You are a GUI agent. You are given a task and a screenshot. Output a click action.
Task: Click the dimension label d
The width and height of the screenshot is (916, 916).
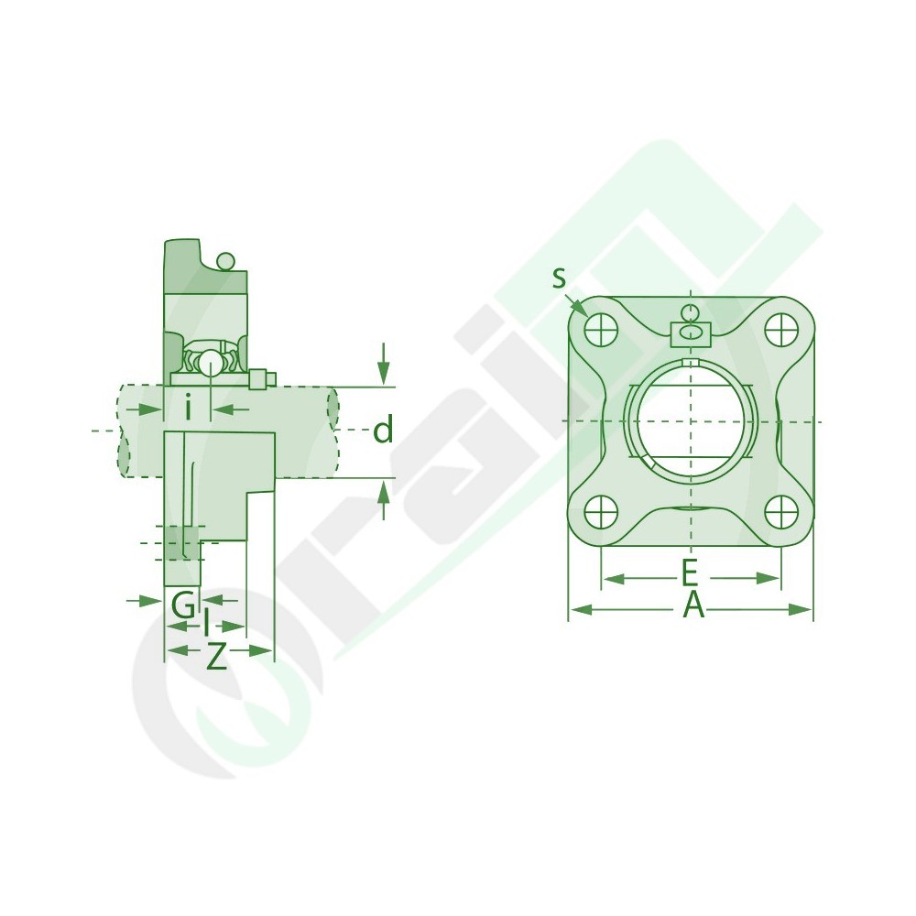[x=383, y=430]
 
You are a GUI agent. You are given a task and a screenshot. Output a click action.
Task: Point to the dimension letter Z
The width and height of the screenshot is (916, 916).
[x=216, y=656]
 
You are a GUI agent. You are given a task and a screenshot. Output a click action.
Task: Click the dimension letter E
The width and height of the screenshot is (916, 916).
[x=690, y=575]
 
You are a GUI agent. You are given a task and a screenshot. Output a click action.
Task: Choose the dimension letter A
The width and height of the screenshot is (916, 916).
[x=693, y=605]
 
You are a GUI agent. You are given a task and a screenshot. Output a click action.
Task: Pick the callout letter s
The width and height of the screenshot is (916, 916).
[x=559, y=278]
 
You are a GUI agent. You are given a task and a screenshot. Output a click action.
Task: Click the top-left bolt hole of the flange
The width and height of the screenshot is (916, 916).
[x=600, y=328]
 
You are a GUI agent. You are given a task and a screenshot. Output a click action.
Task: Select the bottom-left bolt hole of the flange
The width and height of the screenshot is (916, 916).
[x=600, y=510]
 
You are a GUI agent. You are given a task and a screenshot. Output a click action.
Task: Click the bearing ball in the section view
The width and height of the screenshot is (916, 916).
[x=210, y=362]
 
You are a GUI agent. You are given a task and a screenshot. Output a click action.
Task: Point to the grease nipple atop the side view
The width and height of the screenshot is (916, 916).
[x=225, y=263]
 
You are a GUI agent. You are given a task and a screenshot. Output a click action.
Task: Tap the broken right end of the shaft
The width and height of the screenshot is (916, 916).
[x=333, y=431]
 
